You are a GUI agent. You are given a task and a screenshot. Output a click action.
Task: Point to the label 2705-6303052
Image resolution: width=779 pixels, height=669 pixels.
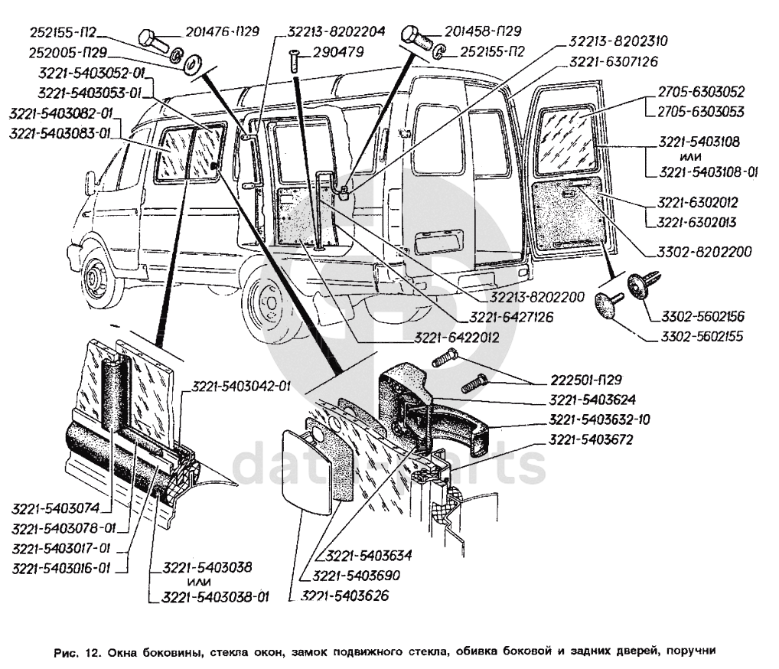click(x=700, y=92)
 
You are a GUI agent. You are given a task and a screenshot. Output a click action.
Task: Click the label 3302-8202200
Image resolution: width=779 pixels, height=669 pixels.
click(x=704, y=251)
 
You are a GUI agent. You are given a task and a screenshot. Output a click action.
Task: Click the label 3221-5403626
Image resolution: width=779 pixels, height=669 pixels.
click(x=346, y=595)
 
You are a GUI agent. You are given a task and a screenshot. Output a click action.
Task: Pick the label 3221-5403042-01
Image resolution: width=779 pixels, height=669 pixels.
click(x=241, y=386)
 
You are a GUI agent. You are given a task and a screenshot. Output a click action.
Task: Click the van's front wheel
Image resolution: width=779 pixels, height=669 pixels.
click(x=96, y=276)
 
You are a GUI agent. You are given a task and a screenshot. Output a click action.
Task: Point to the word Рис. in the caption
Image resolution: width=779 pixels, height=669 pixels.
click(x=67, y=653)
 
